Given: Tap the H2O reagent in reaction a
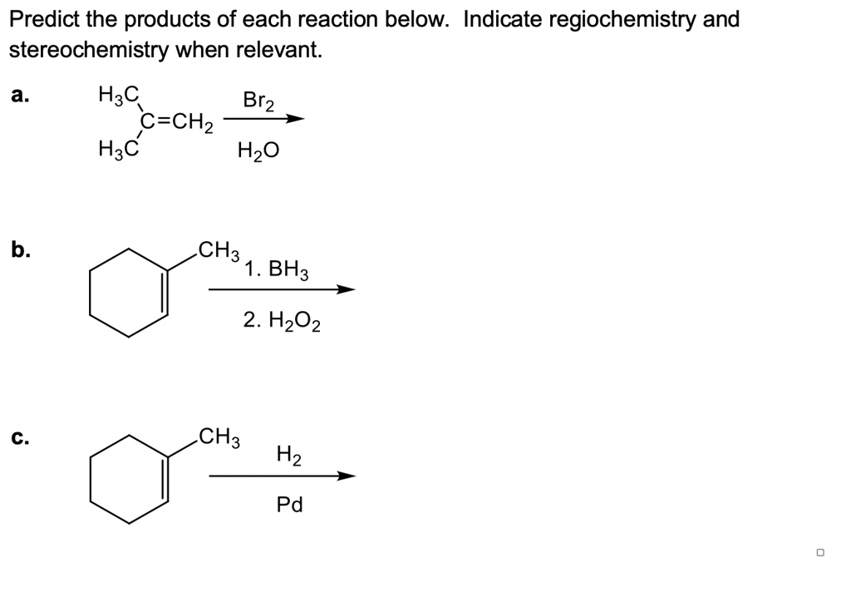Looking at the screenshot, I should (x=258, y=151).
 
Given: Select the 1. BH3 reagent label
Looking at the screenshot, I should (x=277, y=269).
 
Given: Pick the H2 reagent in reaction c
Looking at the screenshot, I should (x=289, y=455).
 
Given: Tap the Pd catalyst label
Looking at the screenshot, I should (x=289, y=504).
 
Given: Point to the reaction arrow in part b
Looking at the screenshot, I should (x=282, y=289).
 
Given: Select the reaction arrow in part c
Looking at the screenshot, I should (x=282, y=476).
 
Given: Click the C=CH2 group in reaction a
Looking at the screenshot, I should (x=177, y=124).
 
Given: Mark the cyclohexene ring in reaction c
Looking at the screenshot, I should (x=129, y=478).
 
